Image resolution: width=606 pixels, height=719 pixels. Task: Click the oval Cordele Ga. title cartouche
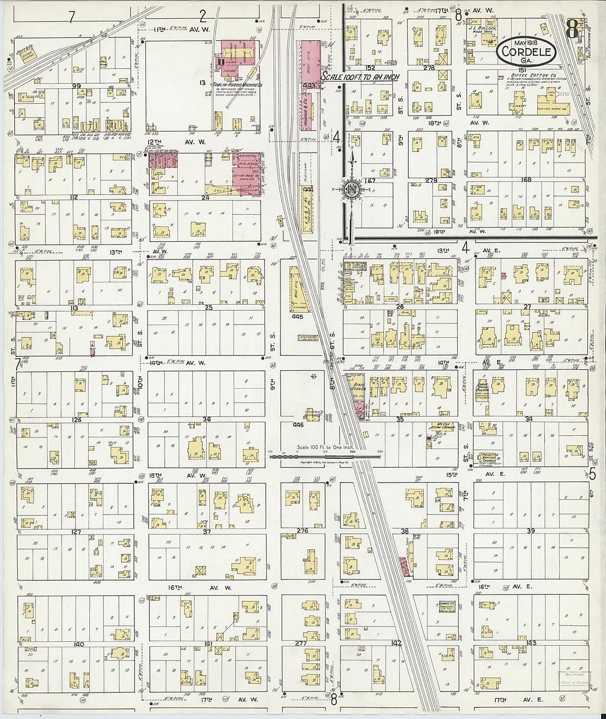[526, 51]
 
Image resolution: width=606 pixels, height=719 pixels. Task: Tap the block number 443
[309, 85]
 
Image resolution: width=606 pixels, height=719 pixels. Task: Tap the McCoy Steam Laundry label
[440, 427]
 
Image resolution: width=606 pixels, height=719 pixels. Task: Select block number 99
[76, 86]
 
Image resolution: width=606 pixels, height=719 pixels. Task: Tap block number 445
[298, 317]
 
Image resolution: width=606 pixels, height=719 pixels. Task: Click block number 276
[302, 531]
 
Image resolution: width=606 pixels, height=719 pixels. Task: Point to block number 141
[208, 644]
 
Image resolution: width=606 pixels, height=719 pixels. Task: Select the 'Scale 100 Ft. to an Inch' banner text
[361, 77]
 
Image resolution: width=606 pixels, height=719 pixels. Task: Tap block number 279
[431, 180]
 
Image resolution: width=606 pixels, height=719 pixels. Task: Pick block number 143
[531, 643]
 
